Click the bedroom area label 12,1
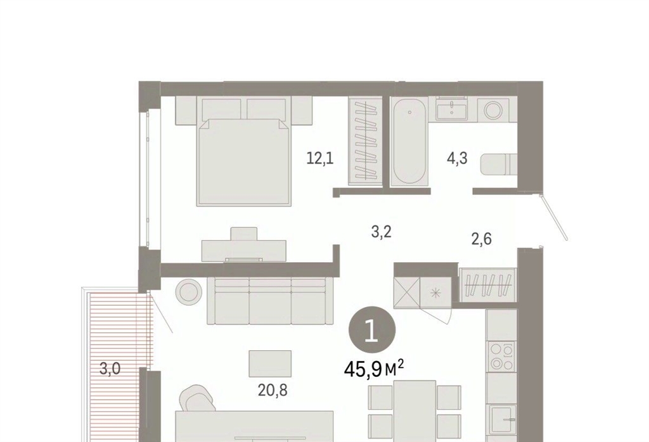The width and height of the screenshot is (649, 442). click(320, 158)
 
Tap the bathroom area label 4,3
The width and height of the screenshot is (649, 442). click(457, 158)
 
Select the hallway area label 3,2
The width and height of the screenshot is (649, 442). click(381, 232)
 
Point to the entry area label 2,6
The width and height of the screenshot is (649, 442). click(482, 239)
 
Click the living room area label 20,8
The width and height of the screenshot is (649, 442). click(273, 389)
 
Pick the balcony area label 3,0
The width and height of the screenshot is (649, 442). click(110, 368)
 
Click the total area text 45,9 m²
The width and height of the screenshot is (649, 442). click(374, 369)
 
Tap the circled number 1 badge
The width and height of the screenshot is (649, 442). click(372, 330)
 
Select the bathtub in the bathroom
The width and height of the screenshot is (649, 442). click(409, 141)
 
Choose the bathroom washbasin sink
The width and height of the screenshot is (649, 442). click(451, 109)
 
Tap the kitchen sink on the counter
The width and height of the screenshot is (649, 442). click(503, 419)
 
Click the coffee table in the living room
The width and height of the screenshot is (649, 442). click(270, 363)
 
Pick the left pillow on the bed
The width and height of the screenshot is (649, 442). click(222, 110)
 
